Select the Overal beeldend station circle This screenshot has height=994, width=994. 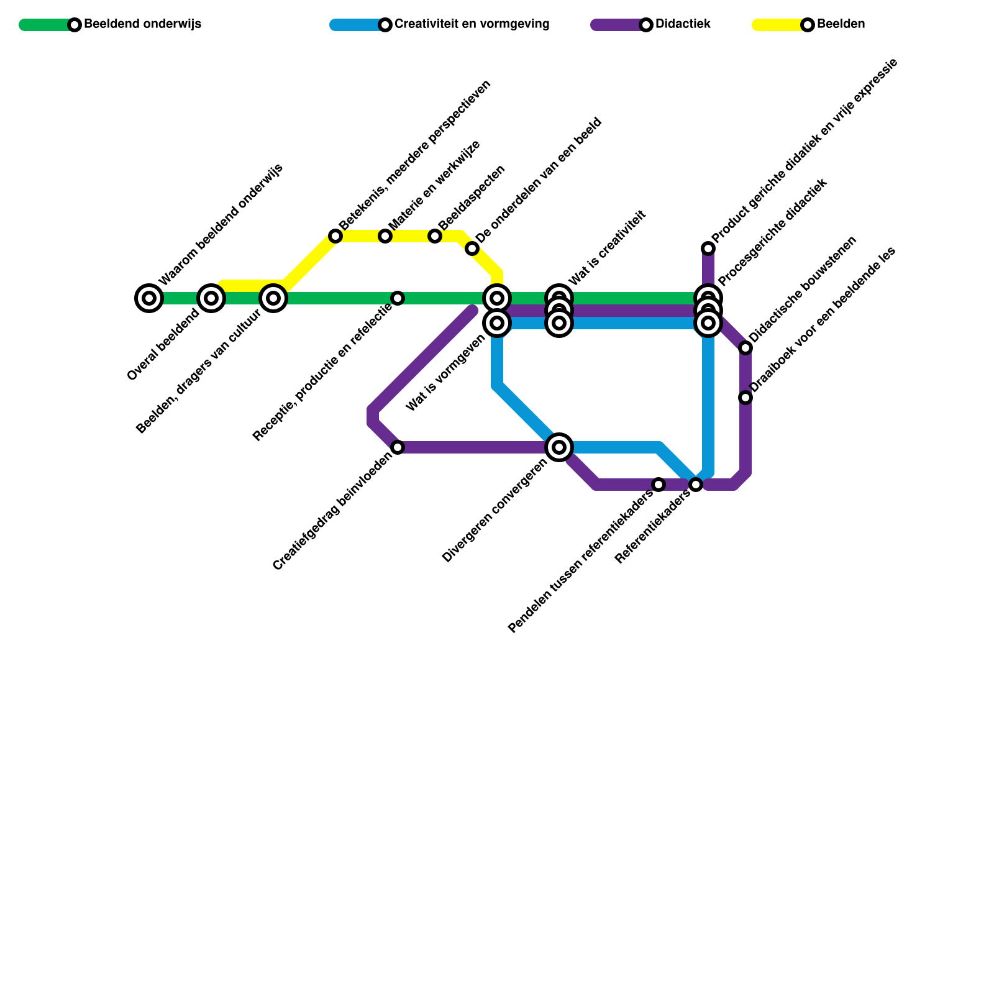pos(211,298)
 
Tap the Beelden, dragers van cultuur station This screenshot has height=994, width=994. pos(273,298)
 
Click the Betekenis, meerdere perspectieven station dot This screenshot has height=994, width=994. pos(335,236)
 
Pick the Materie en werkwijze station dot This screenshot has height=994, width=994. pos(385,236)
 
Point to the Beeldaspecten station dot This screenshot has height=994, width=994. pos(435,236)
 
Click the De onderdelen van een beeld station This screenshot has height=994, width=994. pos(472,249)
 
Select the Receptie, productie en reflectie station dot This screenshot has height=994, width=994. pos(398,298)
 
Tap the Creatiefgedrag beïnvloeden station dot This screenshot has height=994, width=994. pos(398,447)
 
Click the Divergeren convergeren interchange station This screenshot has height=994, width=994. pos(559,447)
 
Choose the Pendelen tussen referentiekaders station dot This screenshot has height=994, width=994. pos(659,485)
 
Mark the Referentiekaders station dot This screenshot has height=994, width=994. pos(696,485)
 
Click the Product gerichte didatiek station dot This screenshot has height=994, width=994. pos(708,248)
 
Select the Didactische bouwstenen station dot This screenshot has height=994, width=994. pos(745,348)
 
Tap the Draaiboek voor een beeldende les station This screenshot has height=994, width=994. pos(745,398)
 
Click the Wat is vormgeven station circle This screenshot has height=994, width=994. pos(497,323)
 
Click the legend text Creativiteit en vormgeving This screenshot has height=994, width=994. pos(472,25)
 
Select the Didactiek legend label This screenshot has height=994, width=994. pos(683,25)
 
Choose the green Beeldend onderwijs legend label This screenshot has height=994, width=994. pos(142,25)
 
